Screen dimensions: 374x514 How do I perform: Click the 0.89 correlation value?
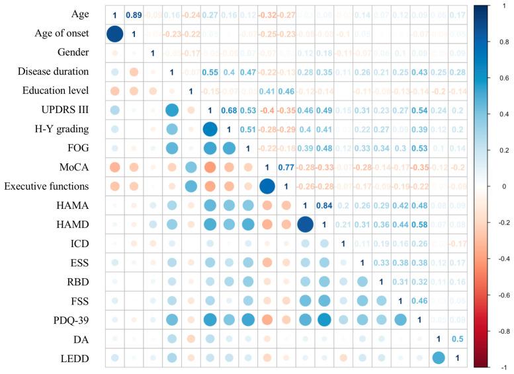click(x=133, y=15)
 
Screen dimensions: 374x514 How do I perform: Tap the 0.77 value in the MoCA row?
click(x=286, y=168)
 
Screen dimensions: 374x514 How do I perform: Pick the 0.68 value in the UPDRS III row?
click(x=228, y=110)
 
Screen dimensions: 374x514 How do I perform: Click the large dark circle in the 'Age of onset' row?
click(x=114, y=34)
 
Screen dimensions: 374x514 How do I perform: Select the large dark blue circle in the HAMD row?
click(x=305, y=225)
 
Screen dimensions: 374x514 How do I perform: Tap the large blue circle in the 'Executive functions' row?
click(x=267, y=186)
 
